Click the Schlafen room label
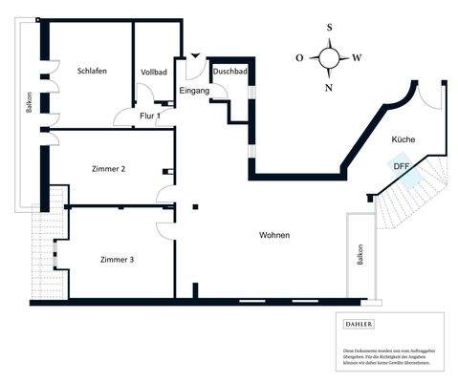click(92, 72)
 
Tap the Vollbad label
click(154, 73)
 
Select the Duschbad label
click(229, 72)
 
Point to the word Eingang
click(194, 91)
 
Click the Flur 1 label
click(150, 117)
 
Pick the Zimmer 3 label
click(118, 259)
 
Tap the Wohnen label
click(273, 235)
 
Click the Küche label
click(403, 140)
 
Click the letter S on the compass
click(330, 29)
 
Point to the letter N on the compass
click(330, 87)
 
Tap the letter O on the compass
click(299, 58)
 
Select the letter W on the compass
click(358, 58)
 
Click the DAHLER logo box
click(360, 325)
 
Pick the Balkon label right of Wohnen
click(360, 256)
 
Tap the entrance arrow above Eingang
click(196, 58)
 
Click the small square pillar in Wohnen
click(196, 203)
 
